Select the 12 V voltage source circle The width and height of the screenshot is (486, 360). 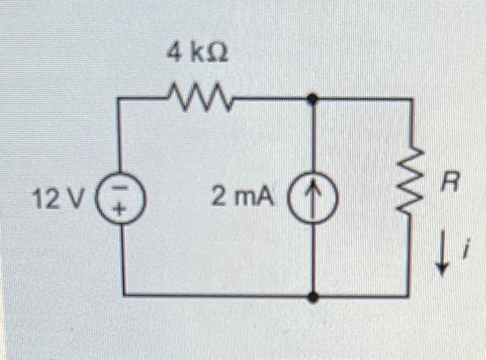pyautogui.click(x=124, y=200)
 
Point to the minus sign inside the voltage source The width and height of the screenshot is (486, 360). pyautogui.click(x=124, y=190)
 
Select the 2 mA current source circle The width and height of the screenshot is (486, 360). pyautogui.click(x=315, y=200)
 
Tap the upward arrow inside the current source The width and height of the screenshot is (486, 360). pyautogui.click(x=315, y=200)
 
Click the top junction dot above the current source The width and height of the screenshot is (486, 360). pyautogui.click(x=314, y=99)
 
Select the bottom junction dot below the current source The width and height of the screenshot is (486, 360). pyautogui.click(x=314, y=297)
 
